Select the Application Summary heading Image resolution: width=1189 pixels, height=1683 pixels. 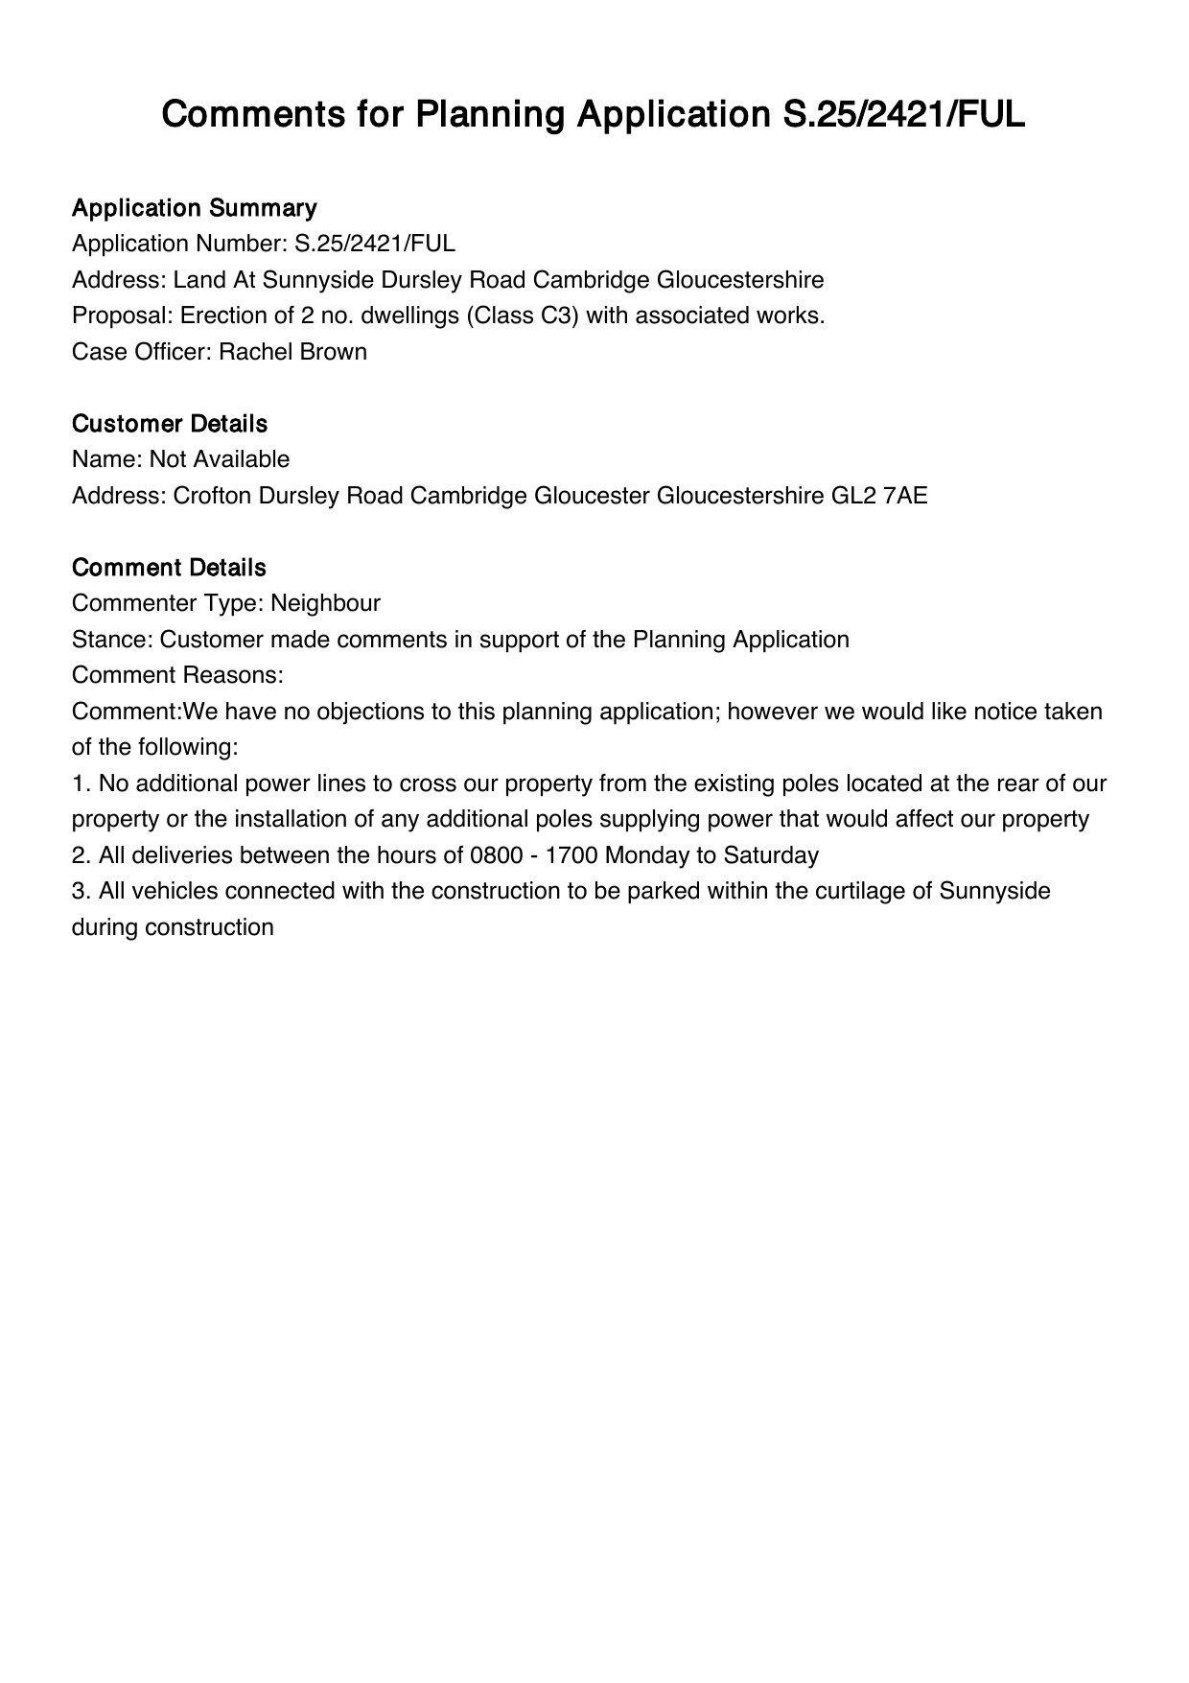tap(195, 208)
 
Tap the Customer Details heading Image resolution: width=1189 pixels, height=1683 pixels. tap(170, 424)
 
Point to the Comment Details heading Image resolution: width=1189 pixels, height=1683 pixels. tap(169, 568)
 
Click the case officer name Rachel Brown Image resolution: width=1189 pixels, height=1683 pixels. tap(292, 352)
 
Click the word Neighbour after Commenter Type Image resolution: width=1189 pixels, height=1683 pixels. tap(325, 603)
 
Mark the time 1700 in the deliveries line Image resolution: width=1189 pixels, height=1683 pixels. tap(571, 855)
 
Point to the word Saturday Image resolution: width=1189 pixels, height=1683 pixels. tap(771, 855)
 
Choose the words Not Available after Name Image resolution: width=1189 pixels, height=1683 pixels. tap(220, 459)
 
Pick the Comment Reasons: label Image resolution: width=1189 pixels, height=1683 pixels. tap(177, 675)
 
